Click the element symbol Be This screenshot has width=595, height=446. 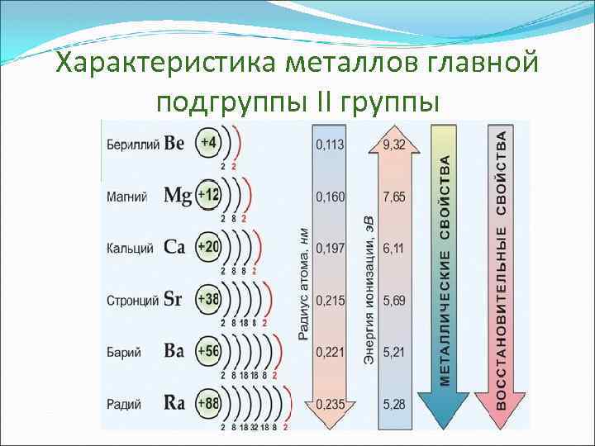pyautogui.click(x=174, y=143)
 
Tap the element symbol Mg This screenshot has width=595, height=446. pyautogui.click(x=178, y=196)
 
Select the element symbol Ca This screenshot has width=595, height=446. pyautogui.click(x=174, y=247)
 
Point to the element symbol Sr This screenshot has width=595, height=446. pyautogui.click(x=173, y=299)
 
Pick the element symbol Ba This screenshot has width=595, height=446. pyautogui.click(x=174, y=351)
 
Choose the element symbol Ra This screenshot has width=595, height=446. pyautogui.click(x=174, y=404)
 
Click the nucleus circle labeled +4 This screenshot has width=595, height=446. pyautogui.click(x=207, y=143)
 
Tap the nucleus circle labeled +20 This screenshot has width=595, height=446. pyautogui.click(x=208, y=247)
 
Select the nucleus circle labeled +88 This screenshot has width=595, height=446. pyautogui.click(x=208, y=404)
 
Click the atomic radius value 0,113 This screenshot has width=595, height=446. pyautogui.click(x=330, y=144)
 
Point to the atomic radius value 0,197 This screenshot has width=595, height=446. pyautogui.click(x=330, y=248)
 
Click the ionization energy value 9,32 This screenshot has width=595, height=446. pyautogui.click(x=394, y=144)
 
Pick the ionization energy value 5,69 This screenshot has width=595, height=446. pyautogui.click(x=394, y=300)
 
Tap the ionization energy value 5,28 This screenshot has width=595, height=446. pyautogui.click(x=394, y=405)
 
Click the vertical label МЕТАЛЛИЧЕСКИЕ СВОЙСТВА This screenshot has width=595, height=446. pyautogui.click(x=445, y=268)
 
